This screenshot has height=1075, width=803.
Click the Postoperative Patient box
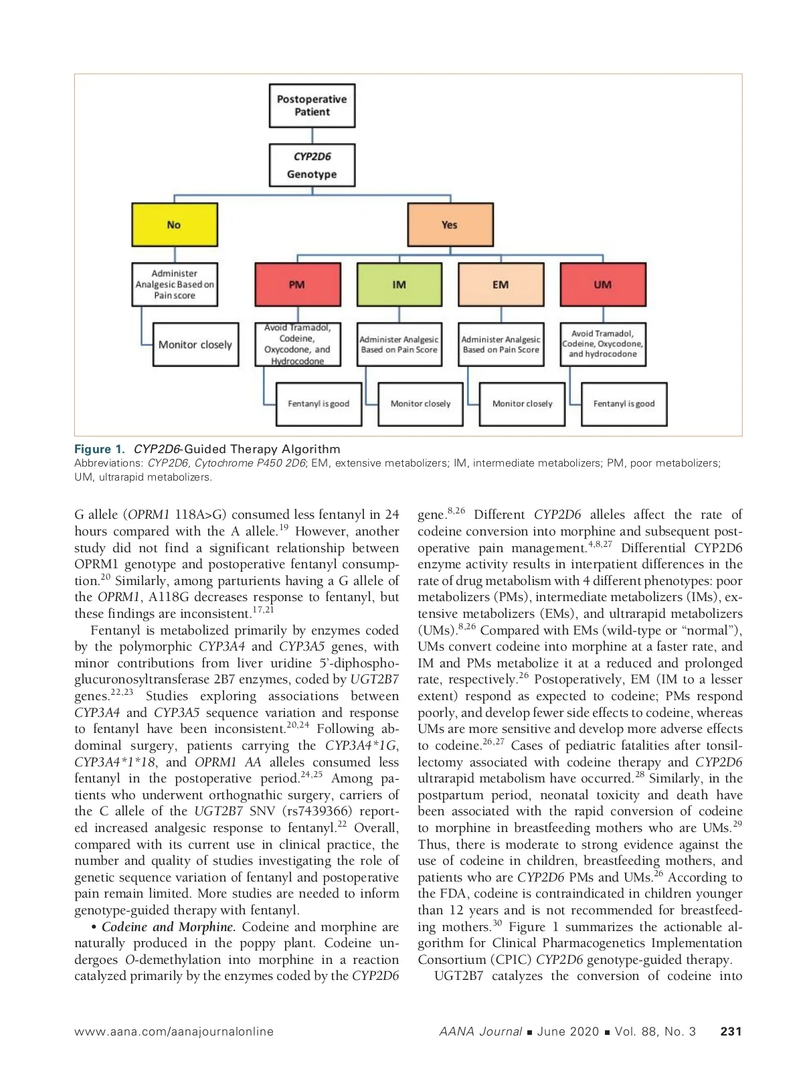point(312,106)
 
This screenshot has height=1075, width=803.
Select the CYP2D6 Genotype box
point(312,165)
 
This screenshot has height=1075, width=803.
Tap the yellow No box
point(175,225)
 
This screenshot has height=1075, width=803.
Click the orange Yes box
point(450,225)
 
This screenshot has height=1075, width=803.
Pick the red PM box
point(297,284)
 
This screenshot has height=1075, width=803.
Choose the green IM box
point(399,284)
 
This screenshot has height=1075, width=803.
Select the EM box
point(501,284)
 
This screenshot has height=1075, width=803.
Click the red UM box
point(603,284)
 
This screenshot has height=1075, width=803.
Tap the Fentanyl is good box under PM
point(319,404)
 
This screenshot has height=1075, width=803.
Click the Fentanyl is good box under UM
point(624,404)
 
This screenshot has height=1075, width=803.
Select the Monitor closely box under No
point(195,345)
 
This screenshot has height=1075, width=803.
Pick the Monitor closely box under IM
point(420,404)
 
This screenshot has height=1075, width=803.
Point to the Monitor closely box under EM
point(522,404)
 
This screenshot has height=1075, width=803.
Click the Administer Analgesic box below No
point(175,284)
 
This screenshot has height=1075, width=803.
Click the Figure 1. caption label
point(100,449)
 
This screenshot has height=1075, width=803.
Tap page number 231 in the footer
point(731,1031)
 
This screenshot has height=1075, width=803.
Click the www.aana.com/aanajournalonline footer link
point(174,1031)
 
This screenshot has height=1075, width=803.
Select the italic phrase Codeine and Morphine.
point(169,927)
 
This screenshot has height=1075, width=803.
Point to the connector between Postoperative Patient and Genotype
point(313,136)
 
